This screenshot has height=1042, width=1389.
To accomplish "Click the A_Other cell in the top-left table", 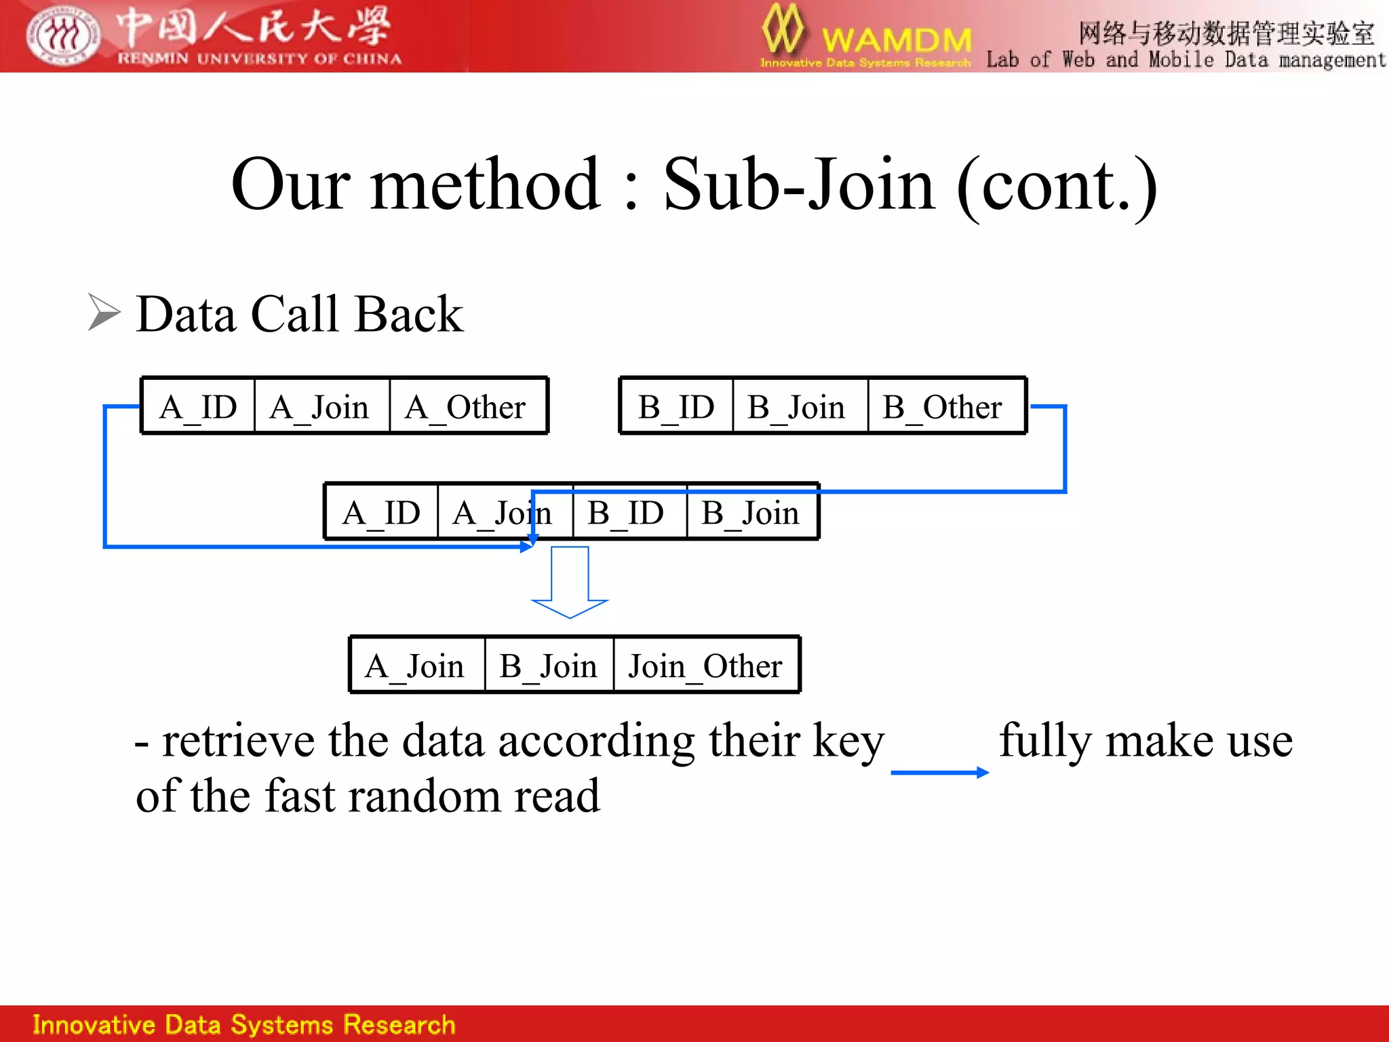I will point(468,406).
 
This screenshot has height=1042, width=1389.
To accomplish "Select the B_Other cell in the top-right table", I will point(946,406).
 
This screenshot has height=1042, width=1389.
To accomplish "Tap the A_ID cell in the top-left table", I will point(198,406).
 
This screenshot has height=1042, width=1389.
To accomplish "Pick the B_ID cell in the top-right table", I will point(676,406).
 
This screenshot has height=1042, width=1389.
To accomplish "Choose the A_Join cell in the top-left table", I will point(321,406).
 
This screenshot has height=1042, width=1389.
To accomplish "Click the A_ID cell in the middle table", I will point(382,512).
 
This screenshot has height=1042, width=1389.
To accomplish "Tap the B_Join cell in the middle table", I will point(751,512).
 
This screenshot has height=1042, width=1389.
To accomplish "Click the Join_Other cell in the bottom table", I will point(705,665).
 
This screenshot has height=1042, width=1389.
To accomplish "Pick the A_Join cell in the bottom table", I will point(416,665).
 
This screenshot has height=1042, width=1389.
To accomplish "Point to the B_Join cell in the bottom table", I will point(549,665).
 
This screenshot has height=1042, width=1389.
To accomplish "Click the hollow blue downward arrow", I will point(570,583).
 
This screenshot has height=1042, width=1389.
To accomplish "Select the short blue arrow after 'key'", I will point(939,772).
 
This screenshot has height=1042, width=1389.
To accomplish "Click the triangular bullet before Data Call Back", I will point(104,313).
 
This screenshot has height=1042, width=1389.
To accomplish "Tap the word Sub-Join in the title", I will point(799,185).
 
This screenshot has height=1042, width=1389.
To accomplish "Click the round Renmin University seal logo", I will point(63,35).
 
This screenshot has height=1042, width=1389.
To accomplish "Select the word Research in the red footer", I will point(399,1024).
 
